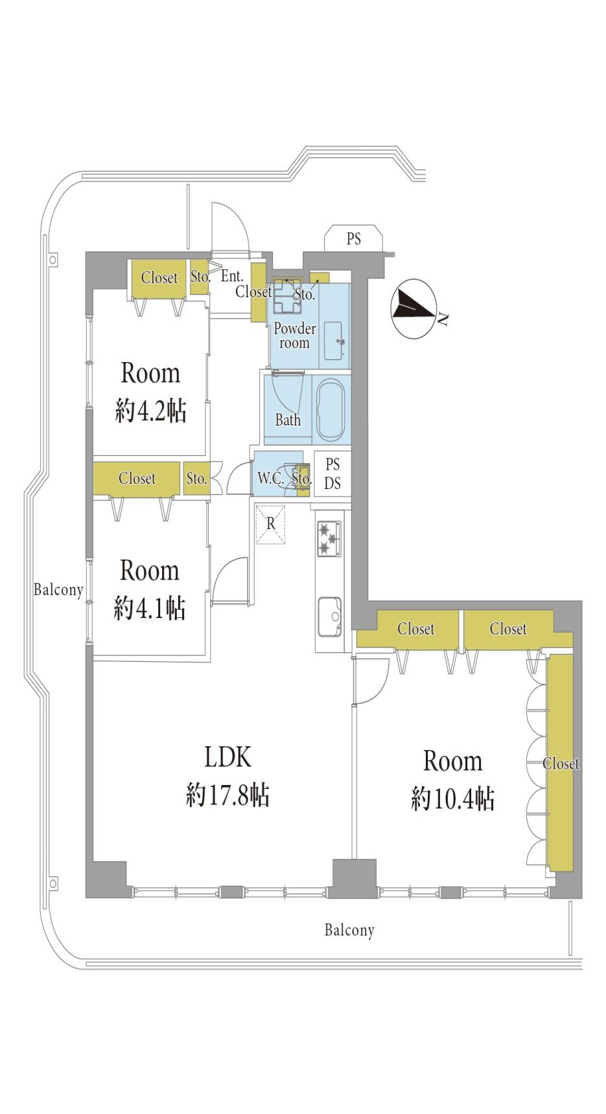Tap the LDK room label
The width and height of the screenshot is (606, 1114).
[x=227, y=756]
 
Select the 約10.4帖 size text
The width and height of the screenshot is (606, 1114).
[x=452, y=799]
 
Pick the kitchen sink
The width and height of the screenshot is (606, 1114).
[x=329, y=617]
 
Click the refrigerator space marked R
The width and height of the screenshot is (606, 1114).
[x=270, y=524]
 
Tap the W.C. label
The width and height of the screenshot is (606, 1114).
[x=270, y=479]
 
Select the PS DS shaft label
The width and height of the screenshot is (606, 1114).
[x=332, y=473]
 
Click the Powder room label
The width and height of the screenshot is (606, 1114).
[x=295, y=335]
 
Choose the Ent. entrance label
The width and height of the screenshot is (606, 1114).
[x=232, y=277]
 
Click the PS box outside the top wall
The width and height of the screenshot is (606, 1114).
[x=354, y=238]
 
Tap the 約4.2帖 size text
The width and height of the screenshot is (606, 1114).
[x=150, y=411]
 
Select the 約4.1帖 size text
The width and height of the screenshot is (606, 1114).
[x=150, y=608]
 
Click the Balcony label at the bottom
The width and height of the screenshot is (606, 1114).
[x=349, y=931]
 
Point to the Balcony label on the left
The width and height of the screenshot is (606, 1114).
[x=58, y=590]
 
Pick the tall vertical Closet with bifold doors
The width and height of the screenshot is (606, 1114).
[x=561, y=763]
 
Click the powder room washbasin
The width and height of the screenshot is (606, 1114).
[x=334, y=340]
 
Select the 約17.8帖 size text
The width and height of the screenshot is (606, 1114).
[x=227, y=795]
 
